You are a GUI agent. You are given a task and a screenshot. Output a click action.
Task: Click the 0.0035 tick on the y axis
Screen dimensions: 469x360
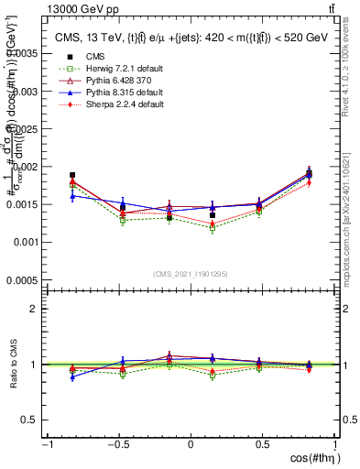24,53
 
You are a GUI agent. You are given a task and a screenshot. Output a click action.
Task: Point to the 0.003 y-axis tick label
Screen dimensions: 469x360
27,91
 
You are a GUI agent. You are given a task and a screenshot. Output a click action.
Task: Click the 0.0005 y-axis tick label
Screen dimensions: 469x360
24,280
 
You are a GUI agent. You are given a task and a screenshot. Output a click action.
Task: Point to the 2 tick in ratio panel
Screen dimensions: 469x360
34,309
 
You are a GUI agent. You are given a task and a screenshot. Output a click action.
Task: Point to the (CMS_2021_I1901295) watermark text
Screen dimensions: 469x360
191,275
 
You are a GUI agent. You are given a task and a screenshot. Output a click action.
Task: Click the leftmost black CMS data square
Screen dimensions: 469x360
72,175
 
